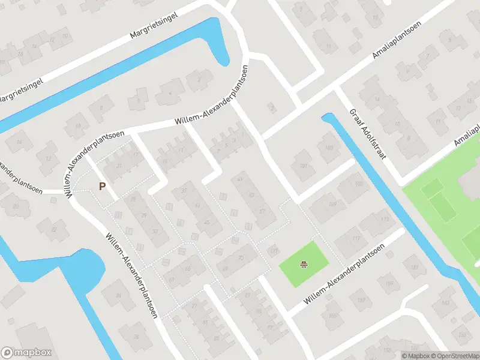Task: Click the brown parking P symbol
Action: coord(102,186)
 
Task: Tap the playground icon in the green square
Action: coord(305,263)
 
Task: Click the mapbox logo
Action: coord(26,353)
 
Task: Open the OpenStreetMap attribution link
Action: coord(454,356)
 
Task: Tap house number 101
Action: coord(303,166)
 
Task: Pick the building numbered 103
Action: coord(328,148)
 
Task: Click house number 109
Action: coord(333,205)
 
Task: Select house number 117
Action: coord(356,239)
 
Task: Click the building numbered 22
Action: coord(54,229)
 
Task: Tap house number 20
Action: coord(16,206)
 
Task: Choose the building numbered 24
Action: coord(118,295)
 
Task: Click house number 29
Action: coord(143,216)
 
